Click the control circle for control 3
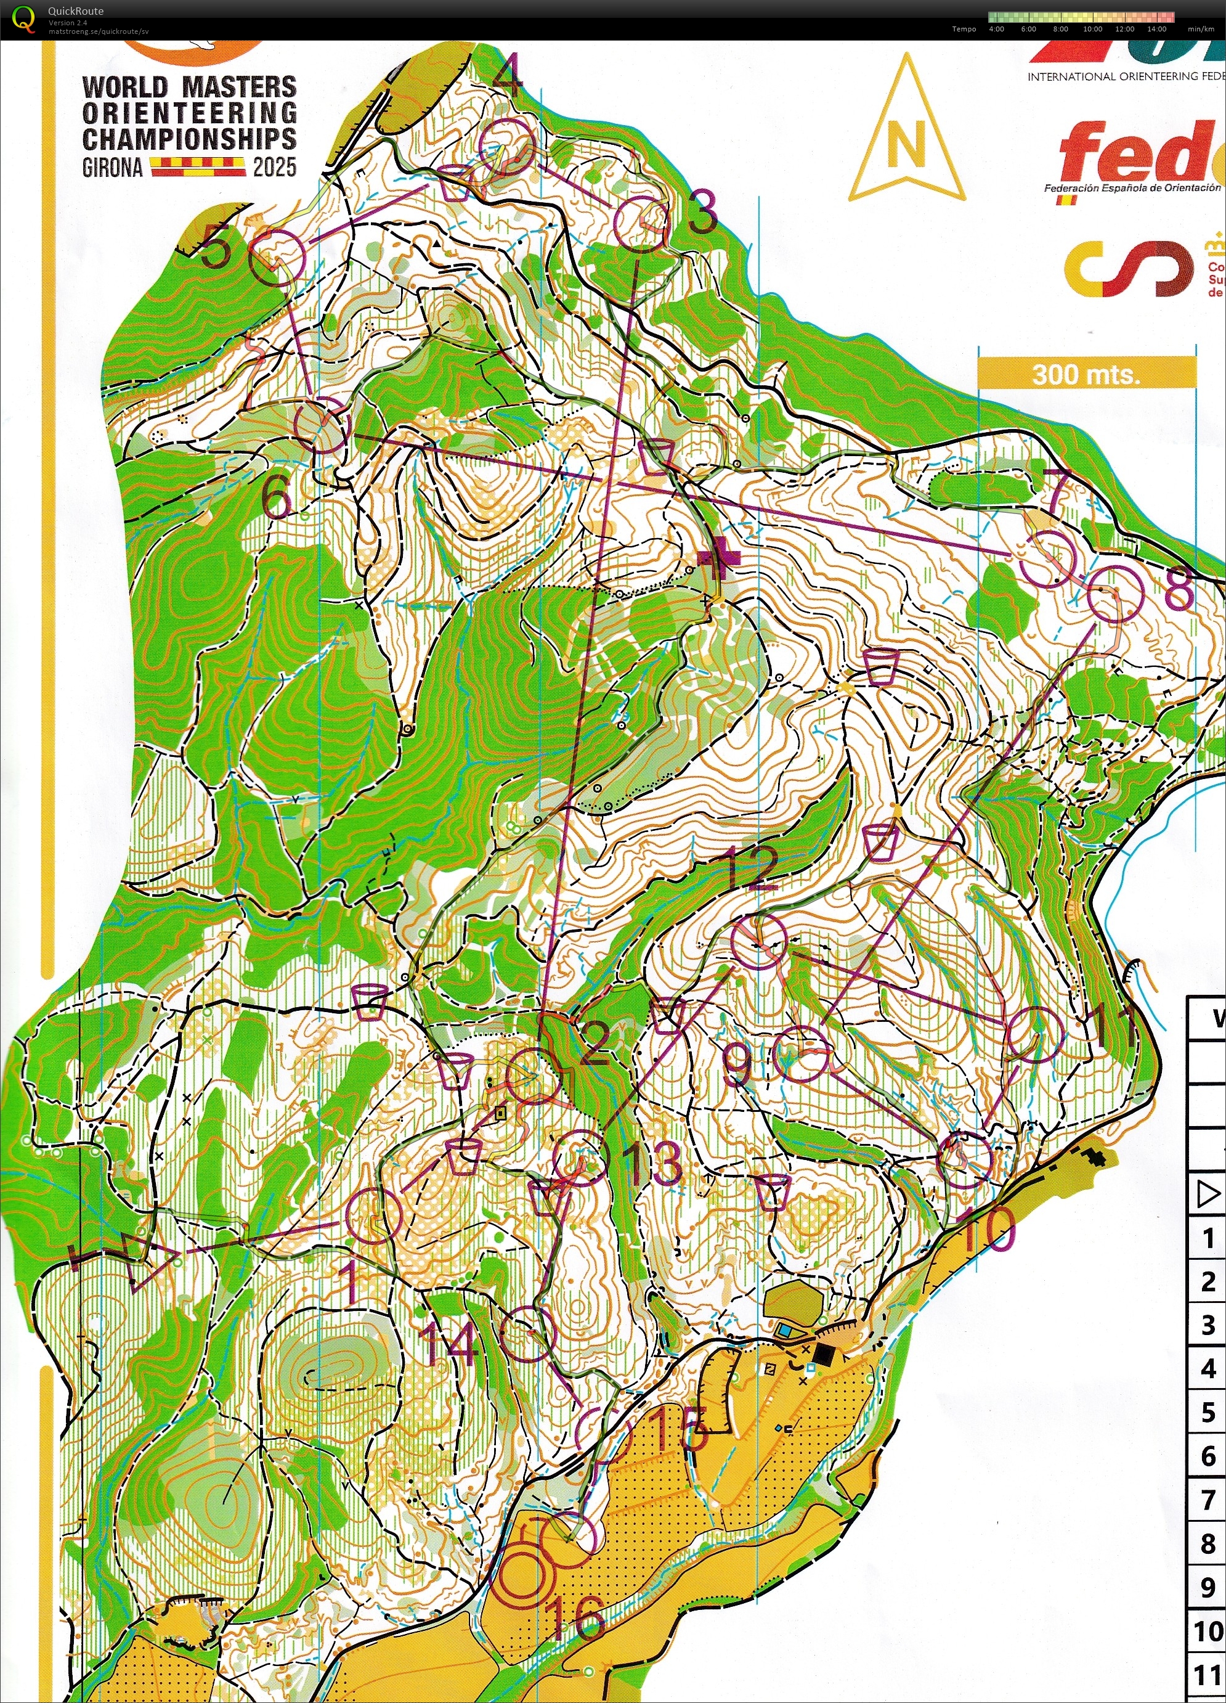(641, 223)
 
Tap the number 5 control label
(216, 249)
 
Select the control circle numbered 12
(759, 942)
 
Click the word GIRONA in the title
(112, 168)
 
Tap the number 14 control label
(450, 1342)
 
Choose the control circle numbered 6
(322, 425)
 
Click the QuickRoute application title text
(75, 10)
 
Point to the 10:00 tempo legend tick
(1092, 28)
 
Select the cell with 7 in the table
(1208, 1500)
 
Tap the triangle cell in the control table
(1208, 1194)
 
